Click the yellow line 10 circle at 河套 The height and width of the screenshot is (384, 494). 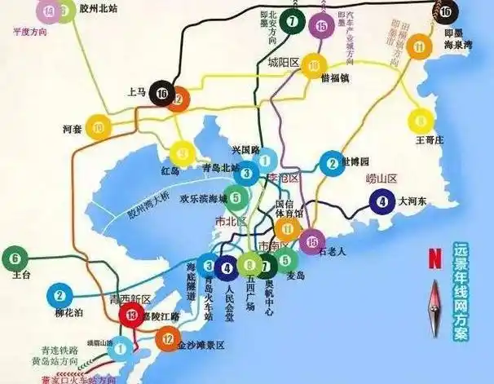coord(99,127)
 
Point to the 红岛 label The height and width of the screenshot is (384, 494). coord(170,170)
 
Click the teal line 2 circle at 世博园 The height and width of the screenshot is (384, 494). coord(332,164)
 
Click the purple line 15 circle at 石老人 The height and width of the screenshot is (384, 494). coord(309,241)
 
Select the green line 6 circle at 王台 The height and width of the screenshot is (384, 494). coord(15,260)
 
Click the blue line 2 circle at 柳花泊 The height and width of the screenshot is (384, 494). coord(60,295)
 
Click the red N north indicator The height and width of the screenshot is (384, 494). coord(434,258)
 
